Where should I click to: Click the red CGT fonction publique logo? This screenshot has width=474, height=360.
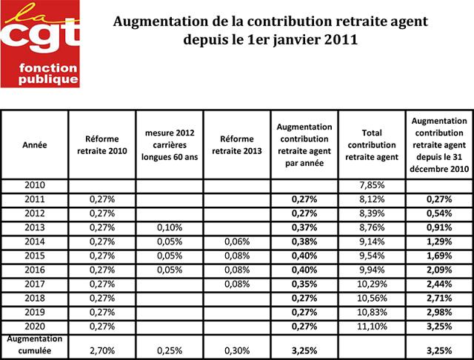40,44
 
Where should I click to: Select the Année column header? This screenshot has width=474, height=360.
35,144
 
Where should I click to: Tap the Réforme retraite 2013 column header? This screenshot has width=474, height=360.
237,144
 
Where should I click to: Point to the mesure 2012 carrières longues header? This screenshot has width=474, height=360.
170,144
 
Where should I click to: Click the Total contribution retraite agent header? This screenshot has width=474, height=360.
372,144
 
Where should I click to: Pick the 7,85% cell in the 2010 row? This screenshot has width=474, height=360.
372,185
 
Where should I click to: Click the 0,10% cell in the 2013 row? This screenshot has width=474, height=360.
170,227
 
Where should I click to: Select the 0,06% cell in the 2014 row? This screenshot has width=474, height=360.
237,241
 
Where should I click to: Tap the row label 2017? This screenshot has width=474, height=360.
35,284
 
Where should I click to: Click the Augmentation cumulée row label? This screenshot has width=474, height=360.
35,344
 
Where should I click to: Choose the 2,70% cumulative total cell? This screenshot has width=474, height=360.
102,350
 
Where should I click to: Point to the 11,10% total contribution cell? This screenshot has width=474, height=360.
372,327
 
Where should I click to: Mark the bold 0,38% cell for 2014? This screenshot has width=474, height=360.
304,241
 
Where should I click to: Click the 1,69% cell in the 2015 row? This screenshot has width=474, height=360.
439,256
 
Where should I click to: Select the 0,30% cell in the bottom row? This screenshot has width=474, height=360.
237,350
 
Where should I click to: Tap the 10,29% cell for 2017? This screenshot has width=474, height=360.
372,284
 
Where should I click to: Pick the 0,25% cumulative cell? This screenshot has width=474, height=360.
170,350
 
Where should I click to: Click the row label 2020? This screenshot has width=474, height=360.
35,327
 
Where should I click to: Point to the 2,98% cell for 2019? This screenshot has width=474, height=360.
439,313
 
